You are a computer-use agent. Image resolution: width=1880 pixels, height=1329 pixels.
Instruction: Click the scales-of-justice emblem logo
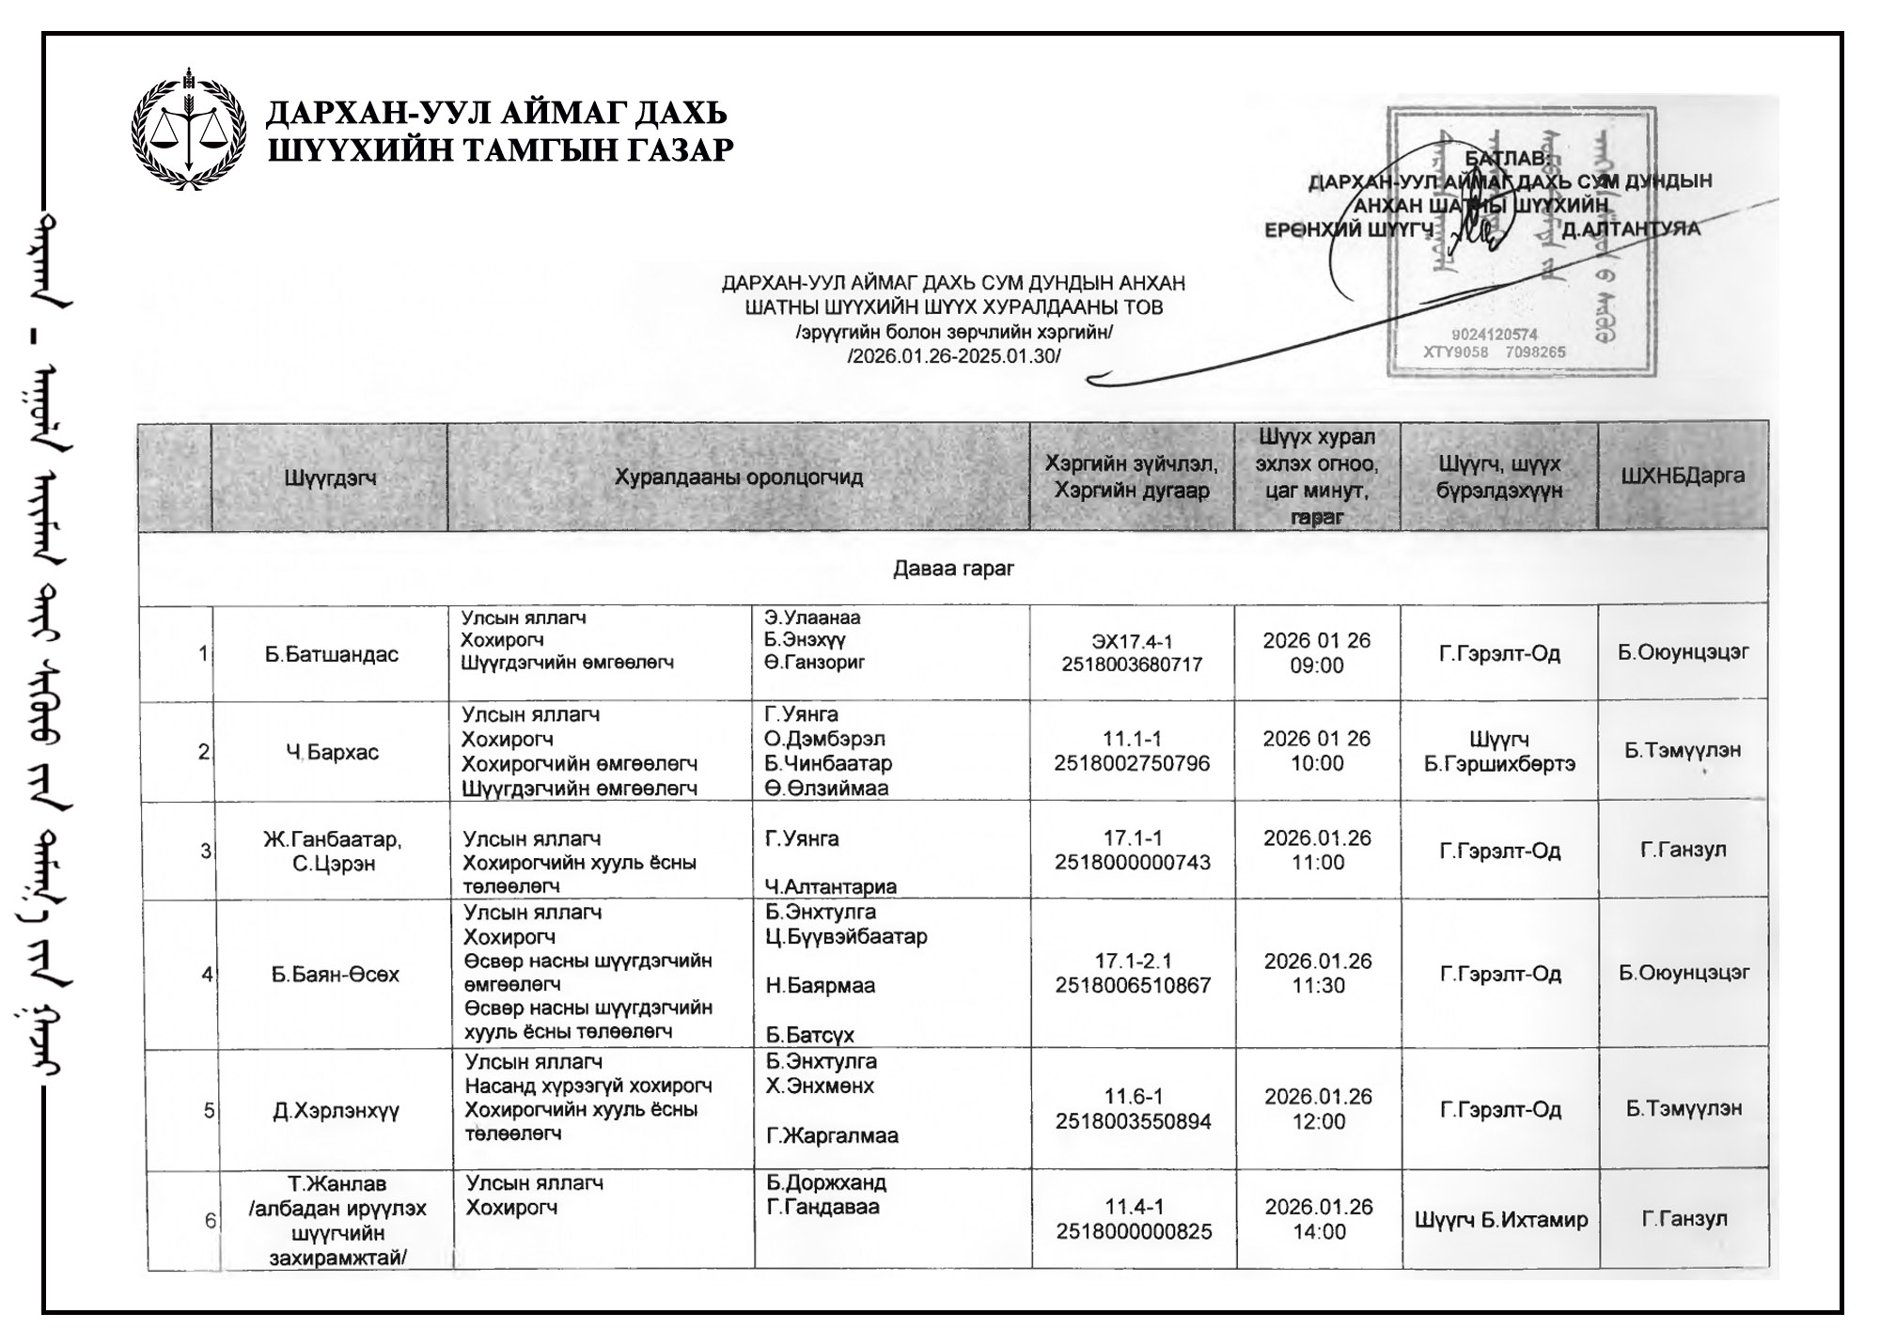pyautogui.click(x=188, y=130)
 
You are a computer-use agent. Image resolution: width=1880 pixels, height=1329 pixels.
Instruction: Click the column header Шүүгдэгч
pyautogui.click(x=330, y=478)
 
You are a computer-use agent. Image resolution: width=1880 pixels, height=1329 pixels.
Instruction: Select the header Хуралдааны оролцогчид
pyautogui.click(x=738, y=477)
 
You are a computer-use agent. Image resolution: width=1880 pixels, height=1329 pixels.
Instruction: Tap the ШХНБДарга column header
pyautogui.click(x=1683, y=476)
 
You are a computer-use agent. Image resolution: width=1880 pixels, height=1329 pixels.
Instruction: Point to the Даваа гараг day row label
pyautogui.click(x=953, y=569)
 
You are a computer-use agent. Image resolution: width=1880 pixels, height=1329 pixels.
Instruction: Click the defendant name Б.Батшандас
pyautogui.click(x=331, y=655)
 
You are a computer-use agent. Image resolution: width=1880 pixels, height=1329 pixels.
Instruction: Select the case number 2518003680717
pyautogui.click(x=1132, y=665)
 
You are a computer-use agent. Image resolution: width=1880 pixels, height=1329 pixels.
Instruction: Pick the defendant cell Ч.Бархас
pyautogui.click(x=332, y=753)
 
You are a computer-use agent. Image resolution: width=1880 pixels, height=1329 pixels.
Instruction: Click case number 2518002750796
pyautogui.click(x=1132, y=763)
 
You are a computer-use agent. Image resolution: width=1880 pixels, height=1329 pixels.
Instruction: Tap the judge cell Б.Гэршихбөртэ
pyautogui.click(x=1499, y=764)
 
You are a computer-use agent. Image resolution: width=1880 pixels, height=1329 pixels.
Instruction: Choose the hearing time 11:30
pyautogui.click(x=1318, y=986)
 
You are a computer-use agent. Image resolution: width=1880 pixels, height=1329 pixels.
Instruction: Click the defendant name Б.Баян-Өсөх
pyautogui.click(x=336, y=975)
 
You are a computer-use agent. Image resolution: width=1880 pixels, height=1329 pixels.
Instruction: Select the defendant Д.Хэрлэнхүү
pyautogui.click(x=336, y=1111)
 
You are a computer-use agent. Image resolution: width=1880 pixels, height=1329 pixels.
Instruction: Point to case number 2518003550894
pyautogui.click(x=1133, y=1121)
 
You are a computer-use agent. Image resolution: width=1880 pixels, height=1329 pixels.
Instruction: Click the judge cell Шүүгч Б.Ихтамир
pyautogui.click(x=1501, y=1220)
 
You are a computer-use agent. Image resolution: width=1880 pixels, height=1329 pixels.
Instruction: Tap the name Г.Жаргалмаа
pyautogui.click(x=832, y=1135)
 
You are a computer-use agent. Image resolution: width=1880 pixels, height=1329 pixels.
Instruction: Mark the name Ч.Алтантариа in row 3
pyautogui.click(x=830, y=886)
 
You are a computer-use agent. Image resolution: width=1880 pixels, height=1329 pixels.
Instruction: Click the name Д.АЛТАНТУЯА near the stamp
pyautogui.click(x=1631, y=229)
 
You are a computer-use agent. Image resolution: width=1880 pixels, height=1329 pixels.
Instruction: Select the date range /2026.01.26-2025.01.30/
pyautogui.click(x=953, y=356)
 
